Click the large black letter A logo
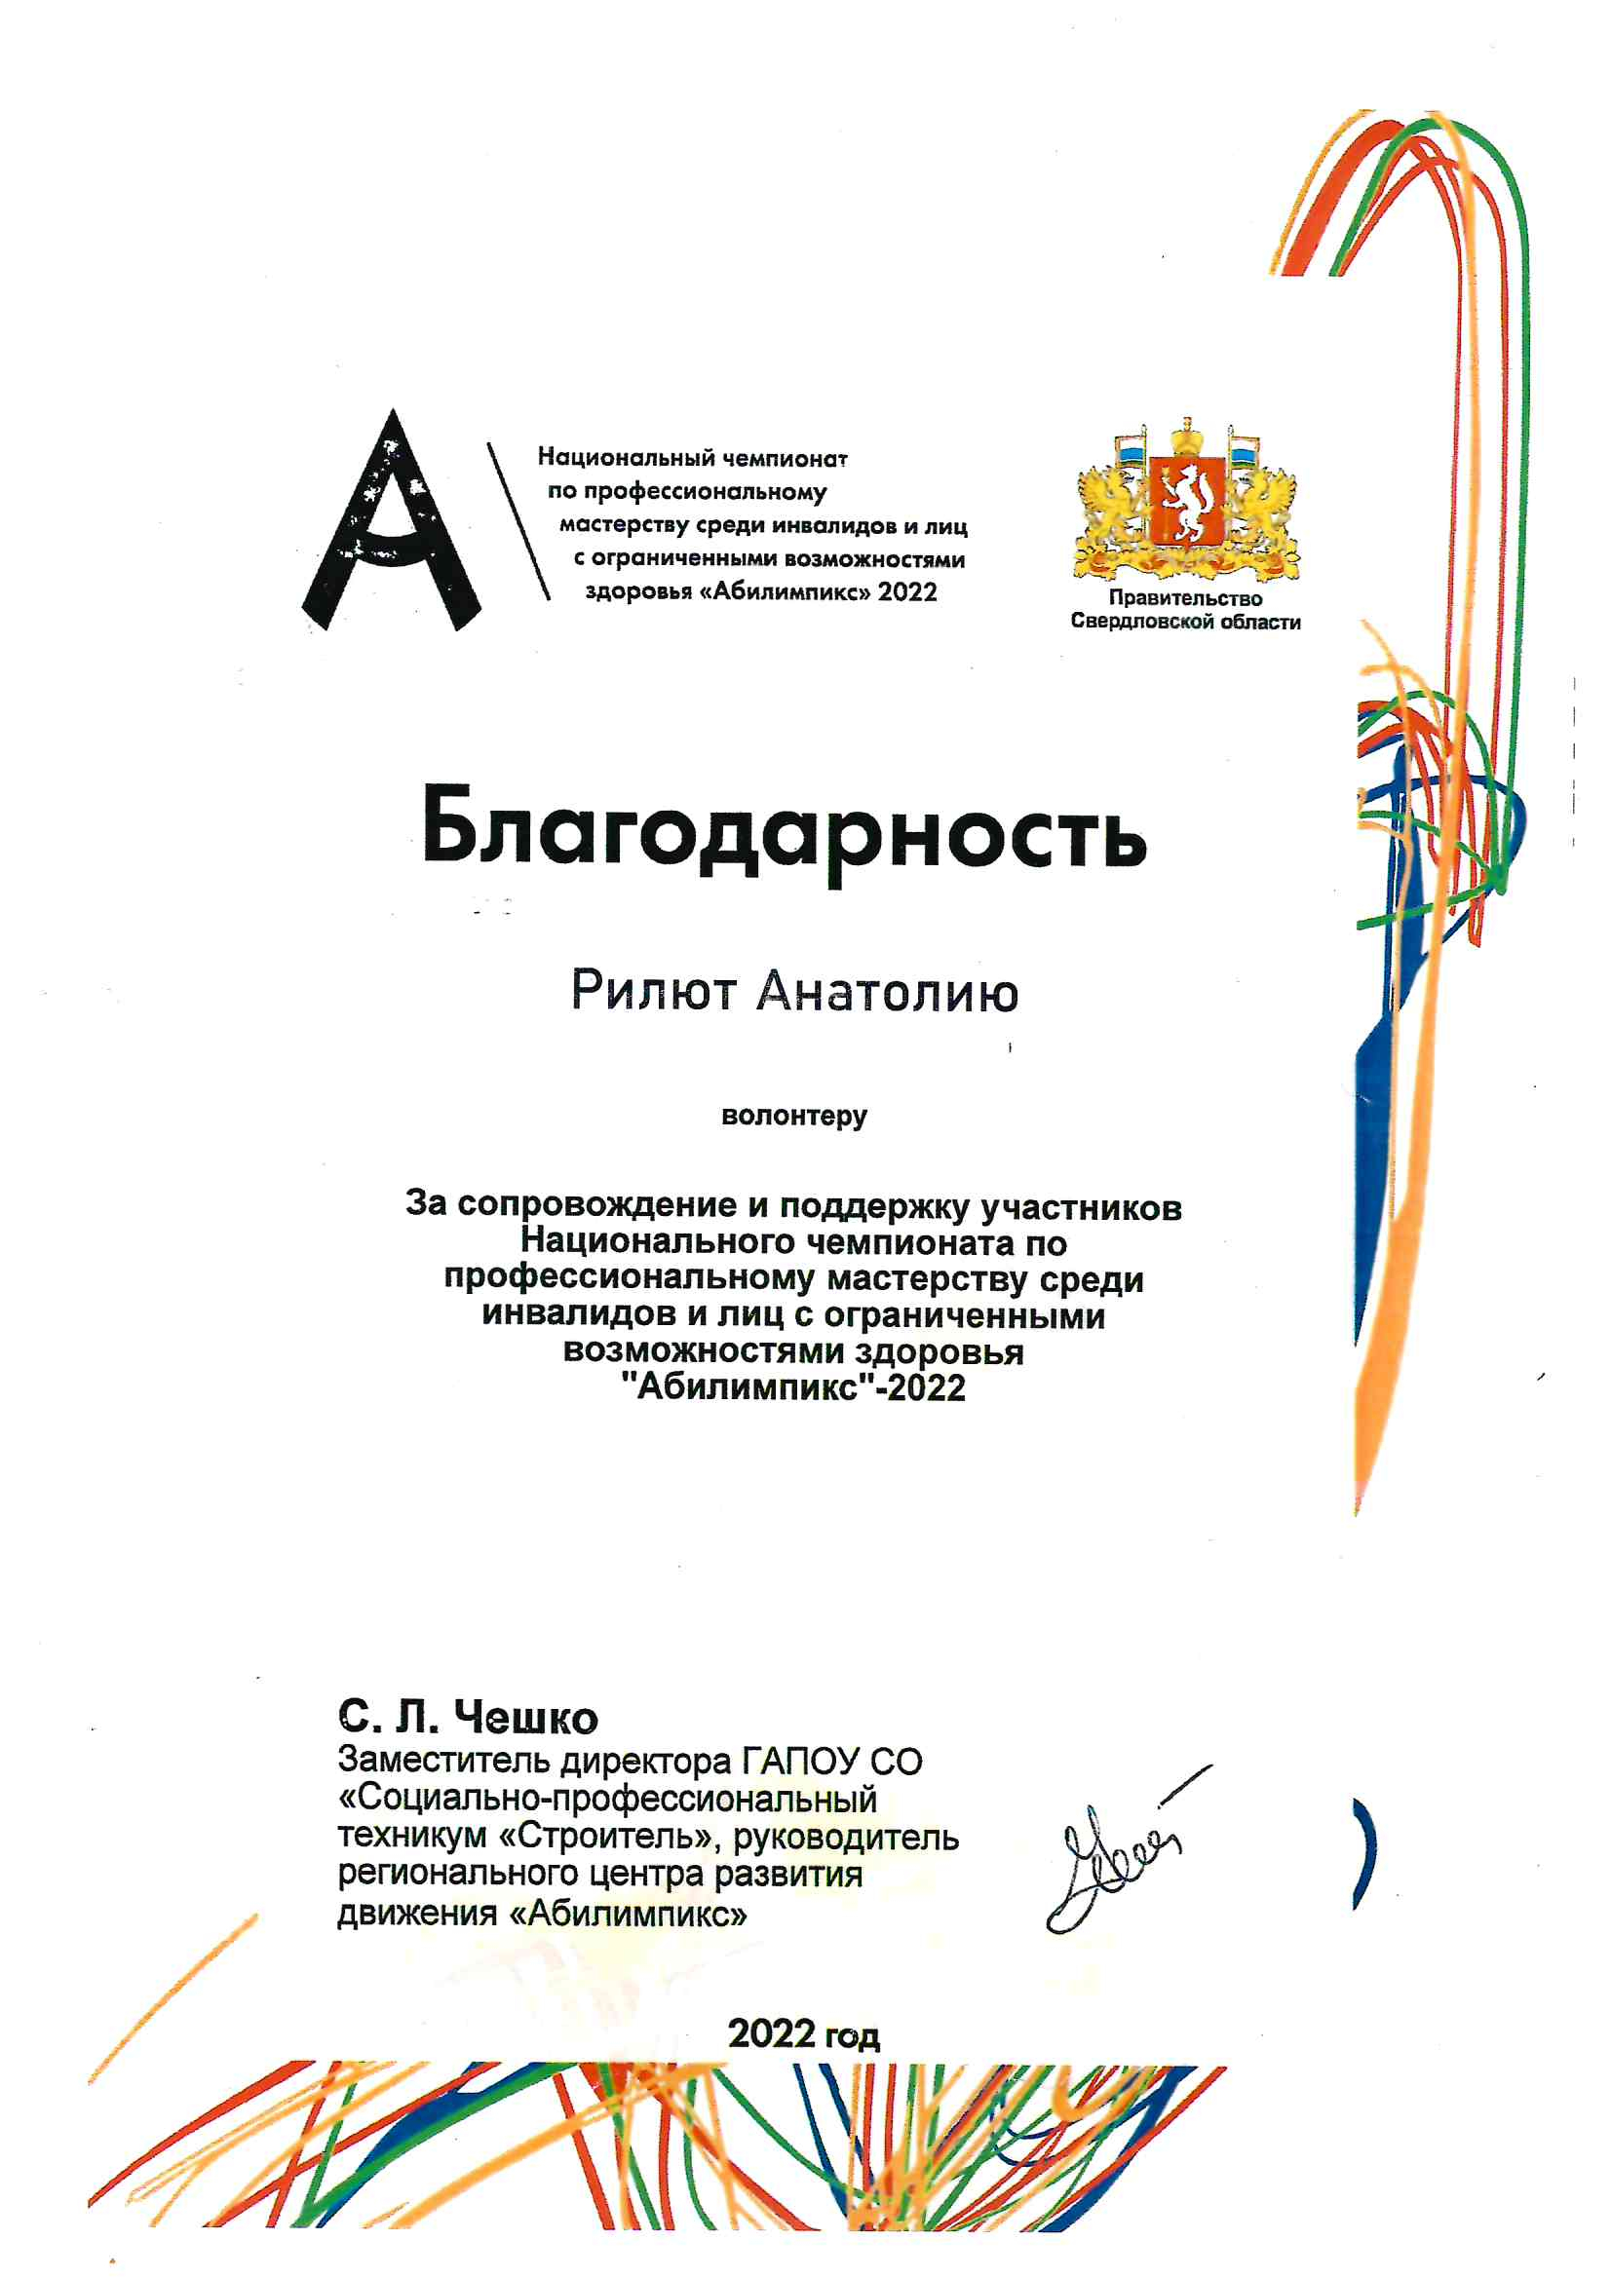392,526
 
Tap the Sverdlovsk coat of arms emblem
1186,501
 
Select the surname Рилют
653,991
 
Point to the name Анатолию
888,991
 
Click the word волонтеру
794,1117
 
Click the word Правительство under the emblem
1185,598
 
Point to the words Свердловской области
1185,622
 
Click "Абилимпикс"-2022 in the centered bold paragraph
794,1387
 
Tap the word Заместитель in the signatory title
443,1761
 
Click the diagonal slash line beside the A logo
518,521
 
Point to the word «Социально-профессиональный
608,1799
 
